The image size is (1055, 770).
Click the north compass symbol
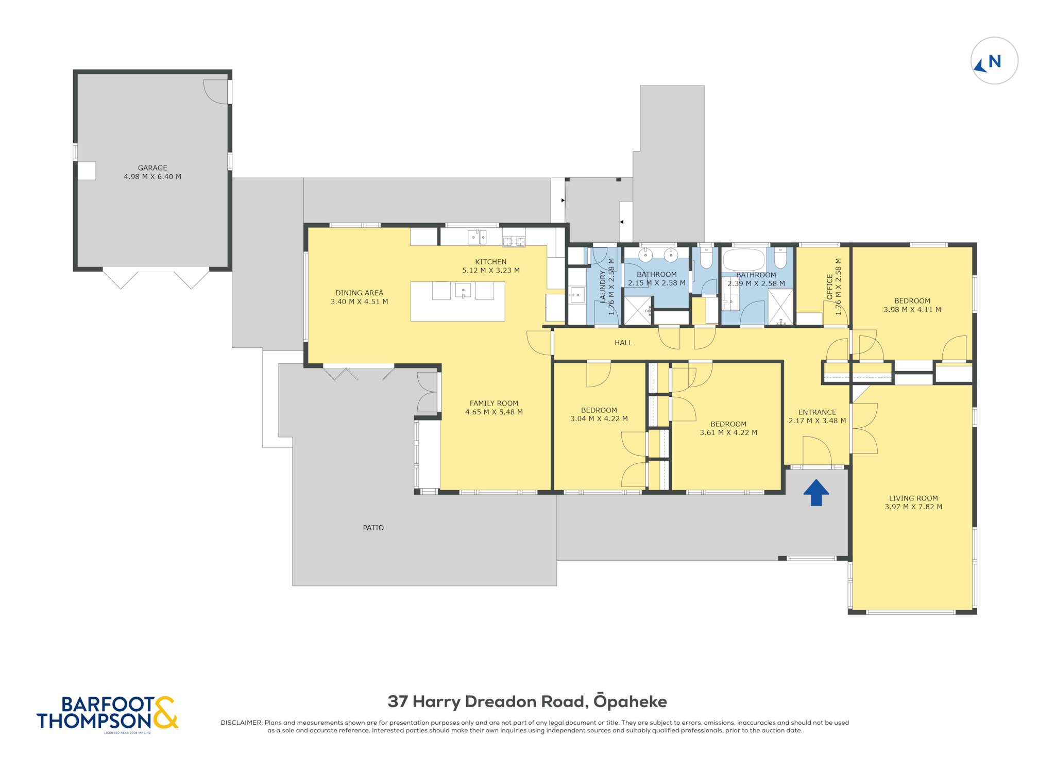(994, 61)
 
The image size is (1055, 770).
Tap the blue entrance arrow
(816, 492)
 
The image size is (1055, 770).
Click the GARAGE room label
(152, 168)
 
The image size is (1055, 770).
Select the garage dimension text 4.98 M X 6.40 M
(152, 176)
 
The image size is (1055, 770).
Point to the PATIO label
(373, 528)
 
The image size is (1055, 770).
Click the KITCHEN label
(491, 262)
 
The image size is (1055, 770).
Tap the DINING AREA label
(360, 293)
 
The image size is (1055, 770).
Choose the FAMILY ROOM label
(494, 403)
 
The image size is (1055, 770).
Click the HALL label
(623, 343)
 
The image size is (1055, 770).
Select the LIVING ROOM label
(913, 498)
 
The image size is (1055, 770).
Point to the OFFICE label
(830, 287)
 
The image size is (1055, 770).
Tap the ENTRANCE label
(817, 412)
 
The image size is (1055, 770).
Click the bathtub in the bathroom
(744, 260)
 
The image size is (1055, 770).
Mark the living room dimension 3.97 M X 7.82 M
(913, 507)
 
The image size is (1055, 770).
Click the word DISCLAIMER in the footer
(241, 723)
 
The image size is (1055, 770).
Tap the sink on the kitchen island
(463, 291)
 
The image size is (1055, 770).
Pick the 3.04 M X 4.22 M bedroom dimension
(599, 419)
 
